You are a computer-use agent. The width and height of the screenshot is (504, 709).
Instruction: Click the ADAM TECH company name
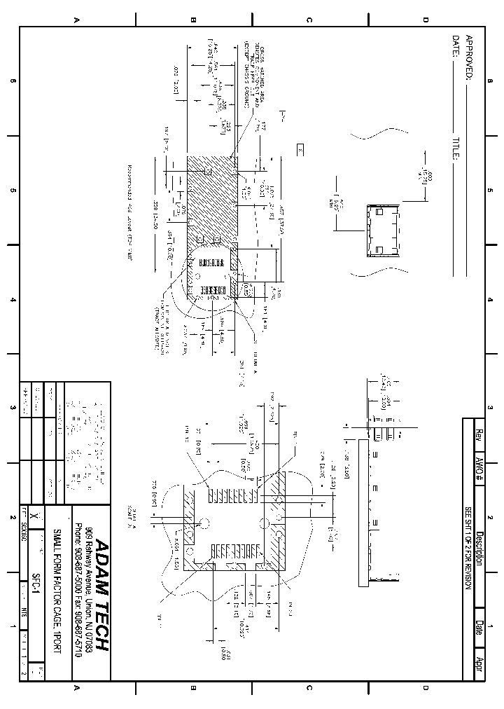point(101,596)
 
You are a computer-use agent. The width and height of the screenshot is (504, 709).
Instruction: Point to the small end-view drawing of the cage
point(382,230)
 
